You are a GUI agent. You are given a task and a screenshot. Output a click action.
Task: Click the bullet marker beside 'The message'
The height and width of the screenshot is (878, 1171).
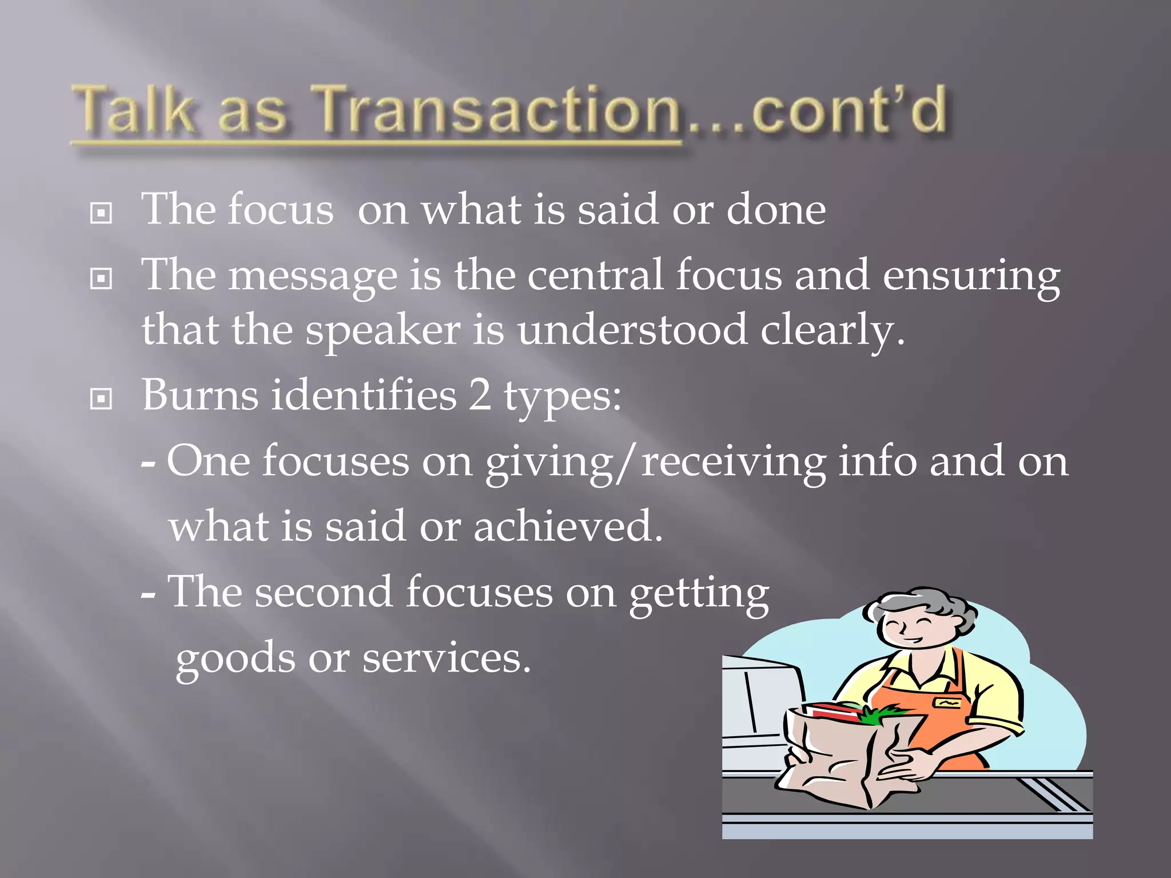[x=101, y=280]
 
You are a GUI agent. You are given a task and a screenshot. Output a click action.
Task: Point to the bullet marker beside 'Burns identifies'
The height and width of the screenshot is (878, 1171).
[x=101, y=400]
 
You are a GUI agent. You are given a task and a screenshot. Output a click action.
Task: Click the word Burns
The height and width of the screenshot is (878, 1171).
[x=200, y=395]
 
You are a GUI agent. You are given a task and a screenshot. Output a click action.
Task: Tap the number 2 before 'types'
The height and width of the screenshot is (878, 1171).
[x=480, y=395]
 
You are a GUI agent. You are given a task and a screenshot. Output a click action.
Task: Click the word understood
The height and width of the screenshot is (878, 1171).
[x=632, y=330]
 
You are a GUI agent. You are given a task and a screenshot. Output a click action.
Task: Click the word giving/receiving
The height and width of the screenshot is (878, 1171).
[x=655, y=462]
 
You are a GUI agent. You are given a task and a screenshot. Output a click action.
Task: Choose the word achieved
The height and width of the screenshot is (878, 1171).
[x=568, y=526]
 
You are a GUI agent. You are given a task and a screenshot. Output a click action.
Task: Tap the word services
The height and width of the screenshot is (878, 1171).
[x=447, y=658]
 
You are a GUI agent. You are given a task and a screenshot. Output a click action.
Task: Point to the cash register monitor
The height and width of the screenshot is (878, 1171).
[x=760, y=697]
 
